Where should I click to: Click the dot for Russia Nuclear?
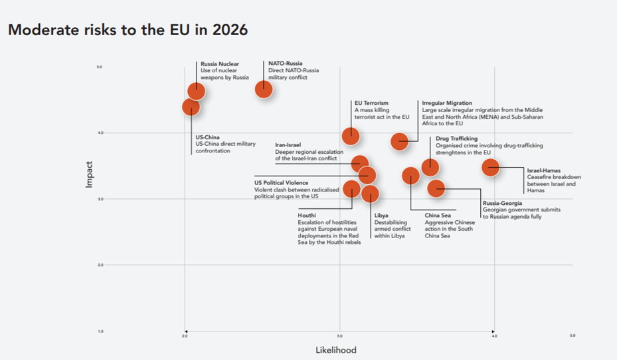pos(196,91)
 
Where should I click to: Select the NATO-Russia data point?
pos(264,88)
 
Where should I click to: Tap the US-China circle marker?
pos(191,107)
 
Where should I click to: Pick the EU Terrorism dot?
pos(351,136)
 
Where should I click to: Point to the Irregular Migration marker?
pos(399,141)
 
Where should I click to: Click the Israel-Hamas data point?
pos(490,167)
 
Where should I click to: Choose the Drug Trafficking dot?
pos(430,167)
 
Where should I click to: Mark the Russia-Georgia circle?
pos(436,188)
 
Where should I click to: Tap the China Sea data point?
pos(410,176)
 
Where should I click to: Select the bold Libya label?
pos(381,215)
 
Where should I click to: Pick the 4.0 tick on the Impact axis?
pos(101,133)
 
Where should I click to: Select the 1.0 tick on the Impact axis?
pos(101,331)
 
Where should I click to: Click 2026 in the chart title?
pos(227,30)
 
